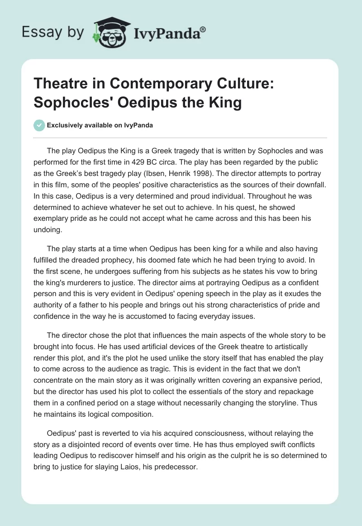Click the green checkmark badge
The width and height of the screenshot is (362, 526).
click(39, 125)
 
